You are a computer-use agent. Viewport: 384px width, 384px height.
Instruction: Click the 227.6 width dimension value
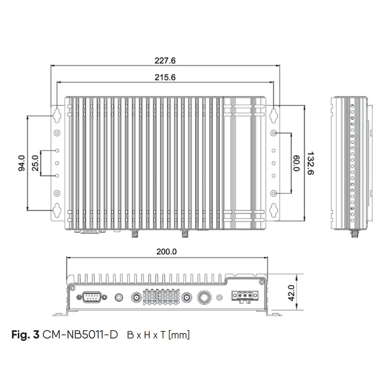pos(165,60)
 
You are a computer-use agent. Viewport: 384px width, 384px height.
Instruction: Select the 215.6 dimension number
pos(165,78)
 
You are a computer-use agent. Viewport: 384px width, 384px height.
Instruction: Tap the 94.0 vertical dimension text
pos(22,163)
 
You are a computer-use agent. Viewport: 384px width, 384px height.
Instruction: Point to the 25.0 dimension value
pos(35,163)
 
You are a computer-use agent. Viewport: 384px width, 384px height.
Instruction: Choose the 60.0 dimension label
pos(297,163)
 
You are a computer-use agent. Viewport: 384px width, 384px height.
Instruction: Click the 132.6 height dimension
pos(310,163)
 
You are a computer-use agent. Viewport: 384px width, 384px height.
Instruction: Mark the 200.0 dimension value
pos(166,251)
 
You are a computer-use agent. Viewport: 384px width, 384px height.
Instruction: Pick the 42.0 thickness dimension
pos(291,293)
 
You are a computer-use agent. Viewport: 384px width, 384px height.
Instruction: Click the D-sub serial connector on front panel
pos(92,297)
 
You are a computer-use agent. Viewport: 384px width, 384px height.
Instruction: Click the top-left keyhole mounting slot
pos(57,115)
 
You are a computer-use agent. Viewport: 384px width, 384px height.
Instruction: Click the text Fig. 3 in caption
pos(26,335)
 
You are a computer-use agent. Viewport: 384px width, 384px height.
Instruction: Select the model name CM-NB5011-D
pos(80,335)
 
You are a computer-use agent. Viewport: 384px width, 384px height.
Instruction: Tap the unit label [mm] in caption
pos(179,335)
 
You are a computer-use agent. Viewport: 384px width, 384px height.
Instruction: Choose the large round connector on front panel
pos(204,297)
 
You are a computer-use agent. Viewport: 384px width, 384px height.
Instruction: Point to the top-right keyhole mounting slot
pos(273,115)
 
